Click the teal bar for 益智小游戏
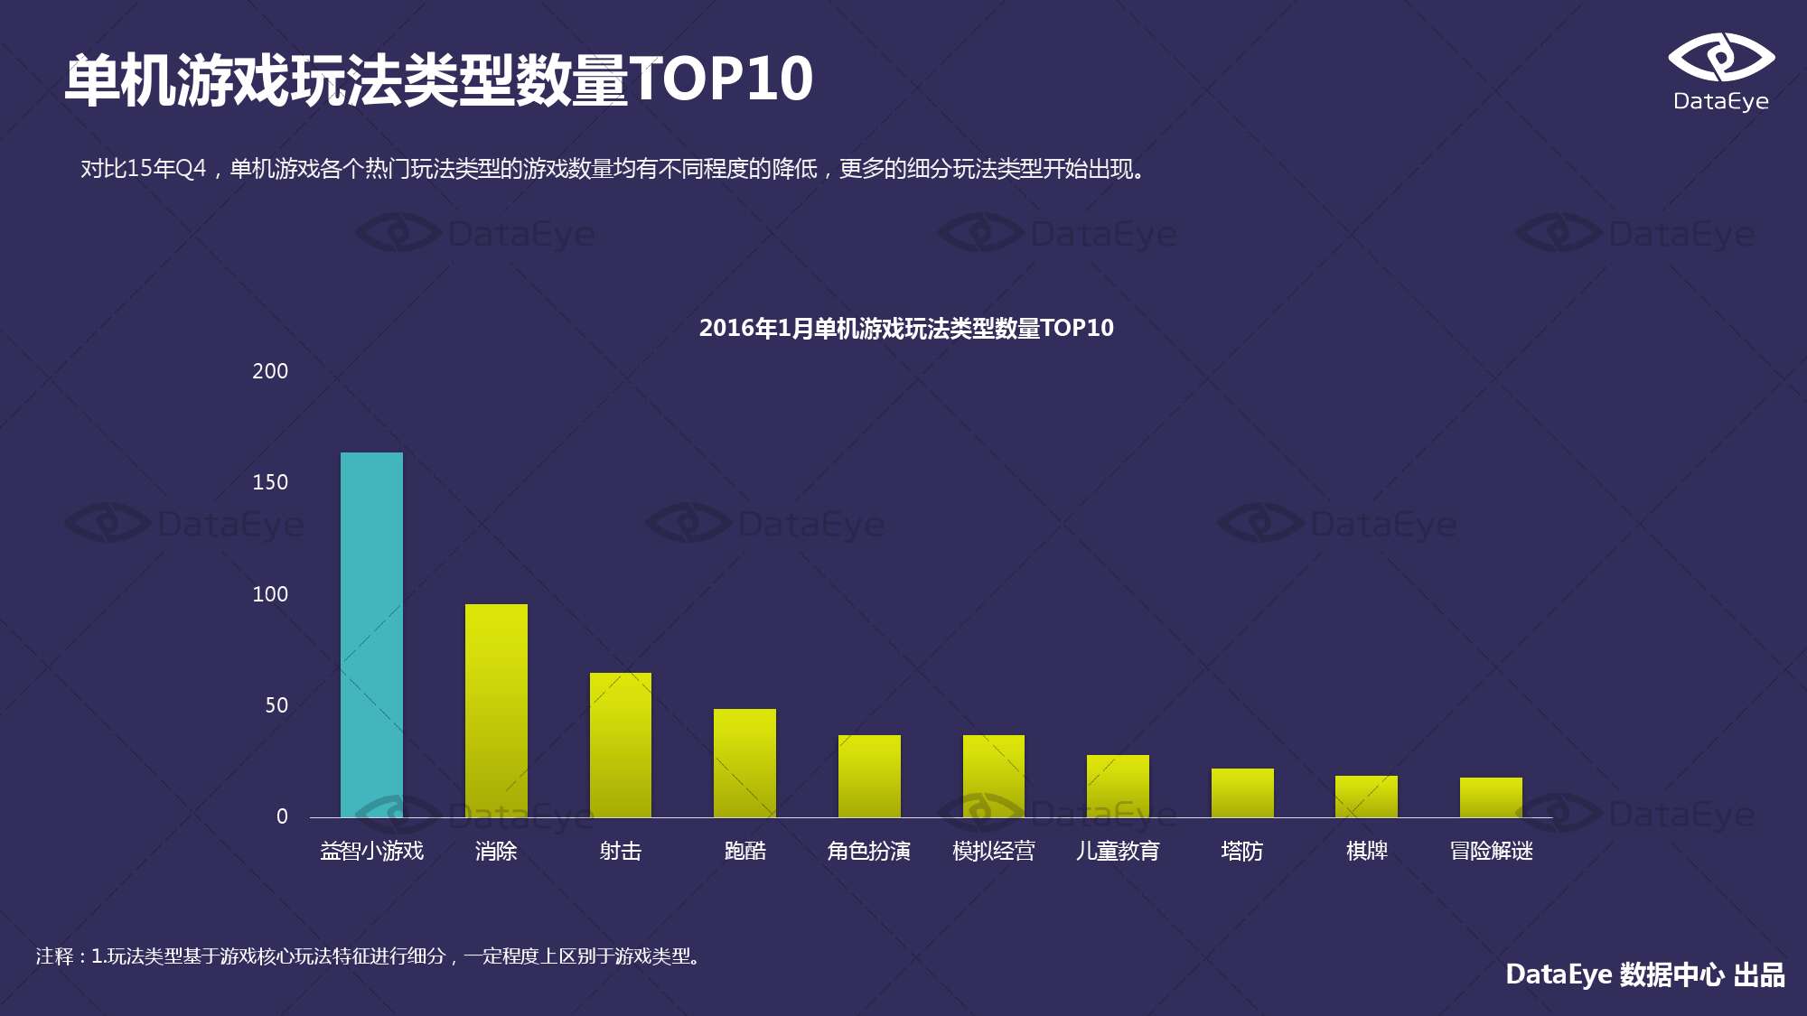(x=371, y=635)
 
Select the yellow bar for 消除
(x=496, y=711)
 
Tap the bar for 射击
(x=621, y=745)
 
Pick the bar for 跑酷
(x=744, y=763)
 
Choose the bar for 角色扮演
(x=869, y=776)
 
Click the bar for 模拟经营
(x=994, y=776)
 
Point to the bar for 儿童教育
(x=1118, y=786)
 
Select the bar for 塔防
(x=1242, y=793)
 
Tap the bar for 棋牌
(x=1366, y=797)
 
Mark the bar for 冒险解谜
(x=1491, y=797)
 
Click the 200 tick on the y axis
(x=270, y=371)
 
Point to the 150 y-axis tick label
(x=270, y=482)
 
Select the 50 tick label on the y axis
(x=276, y=705)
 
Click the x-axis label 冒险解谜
(x=1491, y=851)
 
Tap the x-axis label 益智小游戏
(x=371, y=851)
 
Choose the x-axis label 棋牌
(x=1366, y=851)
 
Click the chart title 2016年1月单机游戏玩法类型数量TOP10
(x=906, y=328)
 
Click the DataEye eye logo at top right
(x=1720, y=58)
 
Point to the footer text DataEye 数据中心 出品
(x=1644, y=974)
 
